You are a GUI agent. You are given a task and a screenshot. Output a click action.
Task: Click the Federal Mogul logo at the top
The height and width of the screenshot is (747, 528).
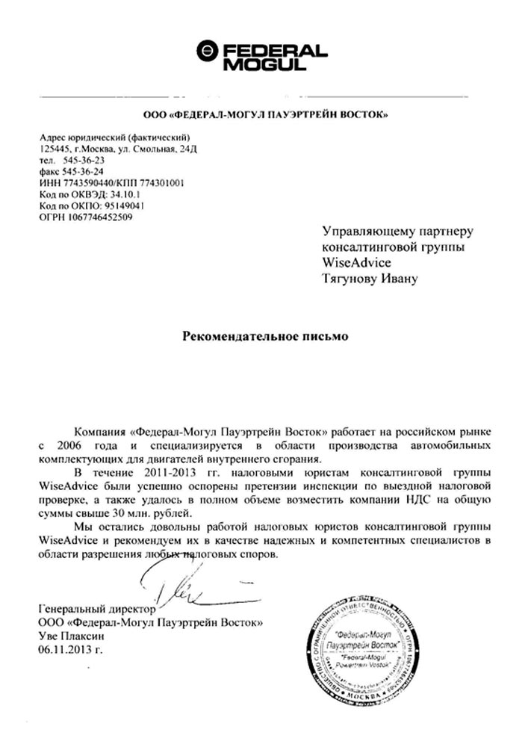coord(261,56)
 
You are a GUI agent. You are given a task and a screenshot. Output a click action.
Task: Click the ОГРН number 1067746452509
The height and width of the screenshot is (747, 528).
coord(102,217)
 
